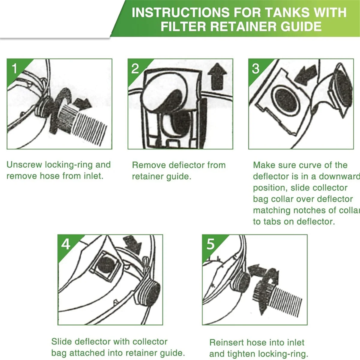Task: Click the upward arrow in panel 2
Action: point(217,76)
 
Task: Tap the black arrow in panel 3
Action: point(306,75)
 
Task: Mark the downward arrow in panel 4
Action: point(133,245)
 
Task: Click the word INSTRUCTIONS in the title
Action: point(180,12)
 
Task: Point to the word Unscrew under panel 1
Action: point(24,165)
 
